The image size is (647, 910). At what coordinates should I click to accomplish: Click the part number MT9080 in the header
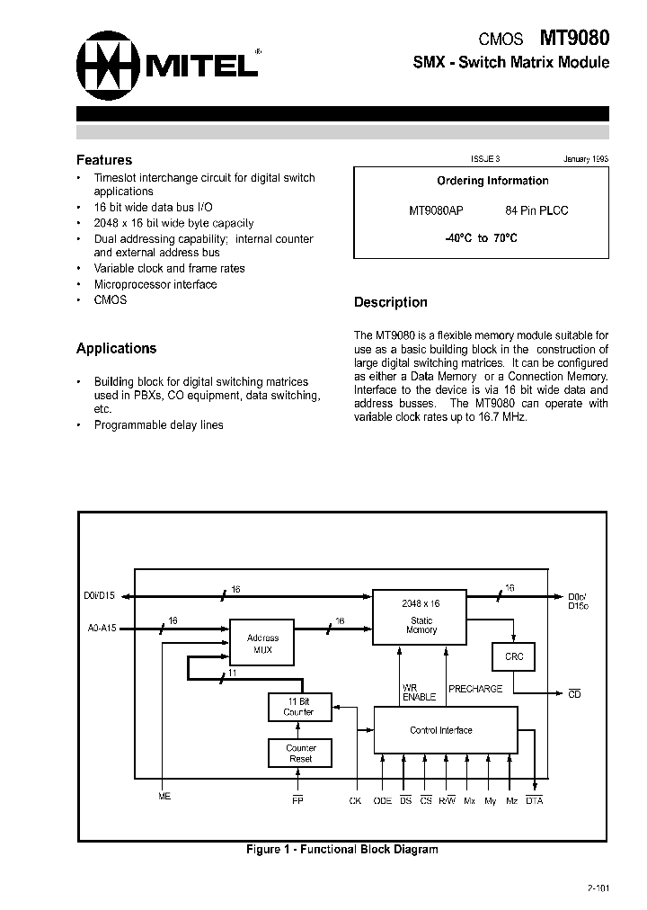(574, 39)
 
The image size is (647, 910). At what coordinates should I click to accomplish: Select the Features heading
(104, 160)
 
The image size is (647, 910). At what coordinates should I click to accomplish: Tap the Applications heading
(116, 348)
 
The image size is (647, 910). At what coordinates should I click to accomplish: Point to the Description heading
(390, 302)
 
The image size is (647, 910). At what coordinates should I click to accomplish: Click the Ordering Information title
(492, 181)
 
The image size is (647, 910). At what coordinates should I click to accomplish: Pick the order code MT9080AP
(436, 210)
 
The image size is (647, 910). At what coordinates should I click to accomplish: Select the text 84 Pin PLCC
(537, 210)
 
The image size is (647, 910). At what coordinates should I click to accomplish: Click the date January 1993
(586, 158)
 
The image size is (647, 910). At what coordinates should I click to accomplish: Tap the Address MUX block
(262, 643)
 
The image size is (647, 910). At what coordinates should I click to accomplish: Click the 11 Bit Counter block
(300, 707)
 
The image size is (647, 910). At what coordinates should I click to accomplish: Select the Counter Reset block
(300, 753)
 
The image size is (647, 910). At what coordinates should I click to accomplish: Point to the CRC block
(513, 656)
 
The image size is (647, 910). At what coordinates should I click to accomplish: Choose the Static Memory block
(421, 617)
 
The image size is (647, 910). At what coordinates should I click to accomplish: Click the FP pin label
(298, 800)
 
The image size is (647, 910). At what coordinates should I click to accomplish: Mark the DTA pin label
(535, 800)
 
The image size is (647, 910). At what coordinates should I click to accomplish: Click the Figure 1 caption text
(342, 849)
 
